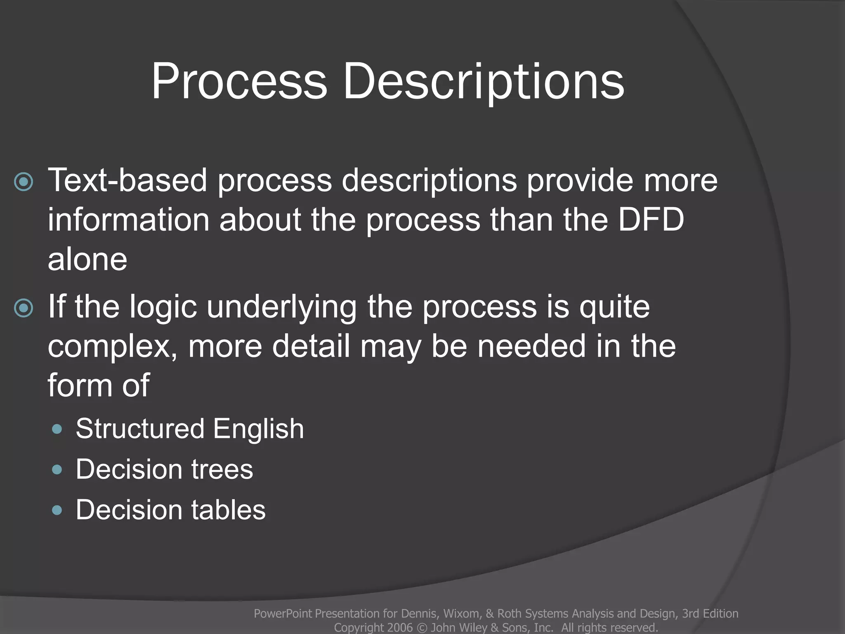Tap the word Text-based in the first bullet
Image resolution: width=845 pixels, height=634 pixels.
click(127, 180)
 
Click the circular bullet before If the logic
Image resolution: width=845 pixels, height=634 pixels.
click(24, 308)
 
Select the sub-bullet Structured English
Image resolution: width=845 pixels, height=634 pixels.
click(190, 428)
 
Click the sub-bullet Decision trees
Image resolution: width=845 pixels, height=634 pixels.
click(164, 469)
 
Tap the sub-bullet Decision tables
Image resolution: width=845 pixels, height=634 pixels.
click(170, 510)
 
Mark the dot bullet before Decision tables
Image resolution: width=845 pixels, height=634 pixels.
click(57, 511)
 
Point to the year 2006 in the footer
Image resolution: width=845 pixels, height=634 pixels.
click(400, 627)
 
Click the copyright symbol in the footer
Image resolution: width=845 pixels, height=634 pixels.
click(422, 627)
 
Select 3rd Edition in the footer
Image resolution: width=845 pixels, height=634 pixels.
click(710, 613)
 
